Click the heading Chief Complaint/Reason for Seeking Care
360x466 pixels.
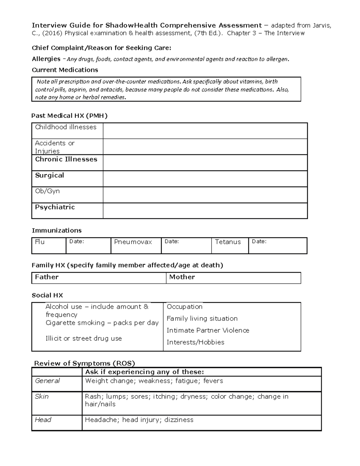[101, 48]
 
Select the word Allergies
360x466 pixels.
[46, 59]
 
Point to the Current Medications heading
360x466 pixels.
[65, 70]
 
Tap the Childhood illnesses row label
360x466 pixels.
[66, 127]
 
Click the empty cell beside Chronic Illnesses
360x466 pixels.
[205, 163]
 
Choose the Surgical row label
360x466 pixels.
[49, 175]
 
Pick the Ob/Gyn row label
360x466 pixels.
[47, 191]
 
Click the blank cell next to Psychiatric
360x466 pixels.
[205, 210]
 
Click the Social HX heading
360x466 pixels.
[47, 295]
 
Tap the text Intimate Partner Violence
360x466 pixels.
[208, 330]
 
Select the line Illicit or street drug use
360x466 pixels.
[84, 338]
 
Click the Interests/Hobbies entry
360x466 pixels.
[195, 342]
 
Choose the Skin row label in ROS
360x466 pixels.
[42, 396]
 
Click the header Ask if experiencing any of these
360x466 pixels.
[144, 372]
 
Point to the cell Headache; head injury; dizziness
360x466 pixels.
[139, 420]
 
